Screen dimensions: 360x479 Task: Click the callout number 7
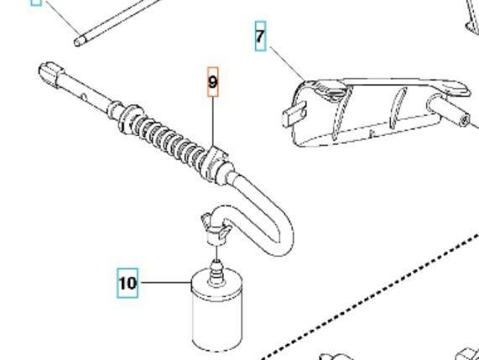click(x=261, y=38)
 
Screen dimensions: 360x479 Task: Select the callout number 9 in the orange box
click(x=213, y=82)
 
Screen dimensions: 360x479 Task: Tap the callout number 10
click(x=128, y=283)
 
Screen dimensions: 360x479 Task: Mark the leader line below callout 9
click(x=213, y=122)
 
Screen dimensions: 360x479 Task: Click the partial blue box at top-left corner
click(x=36, y=2)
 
